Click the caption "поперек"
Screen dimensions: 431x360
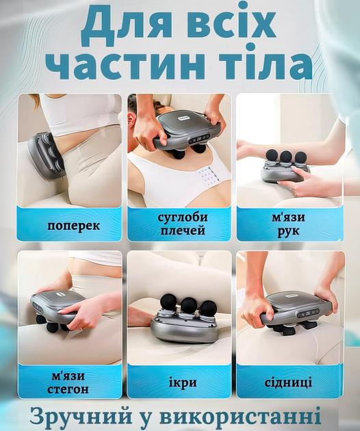click(70, 224)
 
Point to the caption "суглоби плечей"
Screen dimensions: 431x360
click(180, 224)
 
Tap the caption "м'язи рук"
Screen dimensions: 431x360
click(288, 224)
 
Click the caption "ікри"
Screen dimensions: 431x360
click(179, 381)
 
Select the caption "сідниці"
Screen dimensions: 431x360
click(288, 381)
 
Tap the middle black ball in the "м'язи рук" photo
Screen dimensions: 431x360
click(285, 157)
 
